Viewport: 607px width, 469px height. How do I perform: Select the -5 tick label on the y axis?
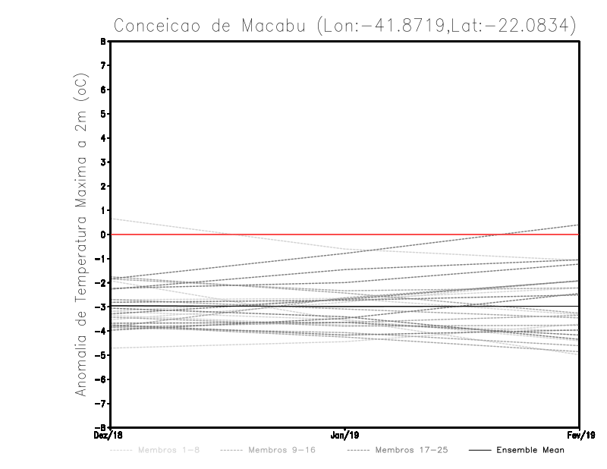tap(102, 354)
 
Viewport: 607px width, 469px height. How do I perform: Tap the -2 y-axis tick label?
tap(102, 282)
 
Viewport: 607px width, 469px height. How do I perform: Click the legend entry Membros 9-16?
tap(281, 450)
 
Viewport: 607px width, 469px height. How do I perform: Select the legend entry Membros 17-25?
tap(410, 450)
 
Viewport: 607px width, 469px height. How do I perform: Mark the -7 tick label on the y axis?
tap(102, 403)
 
